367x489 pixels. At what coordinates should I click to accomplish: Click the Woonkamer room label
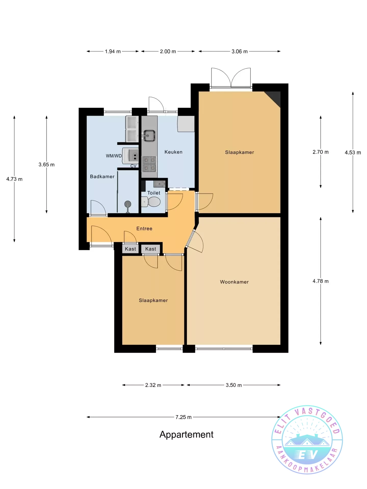click(x=234, y=282)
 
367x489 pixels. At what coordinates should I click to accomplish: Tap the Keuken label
click(x=174, y=152)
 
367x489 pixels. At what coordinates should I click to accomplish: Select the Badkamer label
click(x=102, y=176)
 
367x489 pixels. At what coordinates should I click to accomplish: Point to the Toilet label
click(x=154, y=193)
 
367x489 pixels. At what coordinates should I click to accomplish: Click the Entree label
click(x=144, y=228)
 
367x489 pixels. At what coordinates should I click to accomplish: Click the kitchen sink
click(x=149, y=136)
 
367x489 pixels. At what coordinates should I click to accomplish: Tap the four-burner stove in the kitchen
click(x=149, y=164)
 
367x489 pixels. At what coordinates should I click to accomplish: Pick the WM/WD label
click(x=114, y=156)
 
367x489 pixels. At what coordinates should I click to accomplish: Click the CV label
click(x=134, y=166)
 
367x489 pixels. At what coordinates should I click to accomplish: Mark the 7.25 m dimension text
click(x=183, y=417)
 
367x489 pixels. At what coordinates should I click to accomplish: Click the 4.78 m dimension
click(x=321, y=281)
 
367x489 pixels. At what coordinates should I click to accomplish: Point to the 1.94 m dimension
click(x=113, y=51)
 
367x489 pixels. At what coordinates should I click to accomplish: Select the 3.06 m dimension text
click(x=240, y=51)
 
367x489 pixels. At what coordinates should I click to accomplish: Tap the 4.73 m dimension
click(x=14, y=179)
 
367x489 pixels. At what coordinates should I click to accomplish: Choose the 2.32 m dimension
click(x=153, y=385)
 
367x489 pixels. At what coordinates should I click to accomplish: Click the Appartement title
click(x=187, y=434)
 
